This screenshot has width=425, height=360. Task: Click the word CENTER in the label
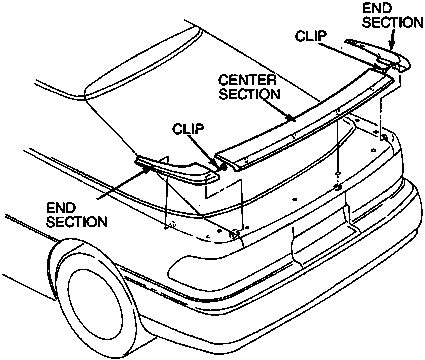point(248,80)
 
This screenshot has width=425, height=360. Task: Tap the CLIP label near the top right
point(311,36)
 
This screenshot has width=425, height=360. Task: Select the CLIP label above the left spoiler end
point(188,129)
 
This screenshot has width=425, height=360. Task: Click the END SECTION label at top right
point(393,16)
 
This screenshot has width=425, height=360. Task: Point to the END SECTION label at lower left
point(77,215)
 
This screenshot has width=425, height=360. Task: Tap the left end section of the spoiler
point(177,170)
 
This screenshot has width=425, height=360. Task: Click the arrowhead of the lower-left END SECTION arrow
point(147,168)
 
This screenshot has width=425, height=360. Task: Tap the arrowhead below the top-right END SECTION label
point(392,46)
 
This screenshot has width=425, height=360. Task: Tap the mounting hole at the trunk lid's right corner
point(384,137)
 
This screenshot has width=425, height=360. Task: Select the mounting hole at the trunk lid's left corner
point(234,234)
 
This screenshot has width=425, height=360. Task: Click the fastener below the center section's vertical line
point(338,187)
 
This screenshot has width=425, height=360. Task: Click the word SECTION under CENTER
point(249,94)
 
